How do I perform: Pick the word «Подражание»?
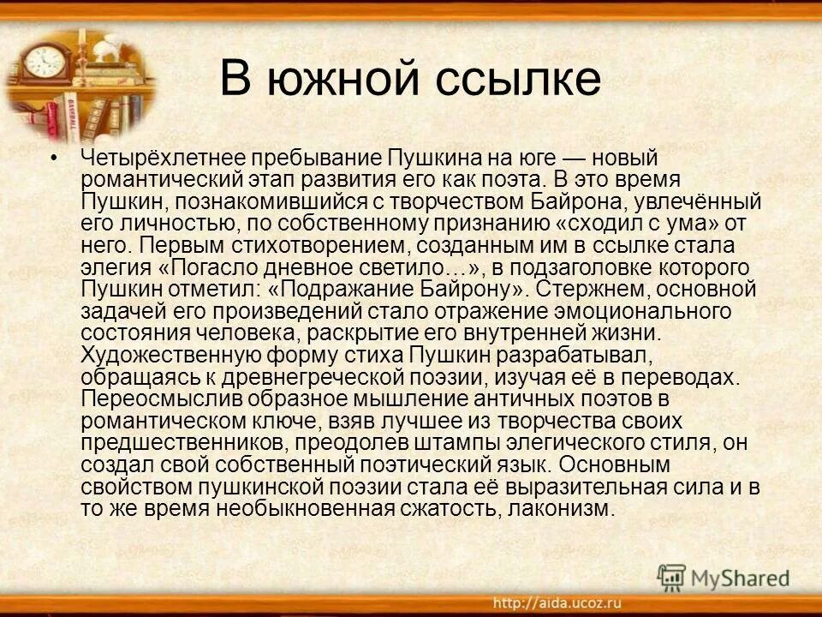[370, 287]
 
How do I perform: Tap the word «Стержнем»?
[582, 287]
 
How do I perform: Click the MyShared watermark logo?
[724, 578]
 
